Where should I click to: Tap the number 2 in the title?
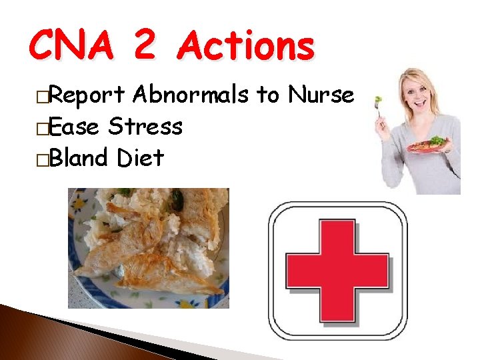[144, 47]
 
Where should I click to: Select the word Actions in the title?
[247, 47]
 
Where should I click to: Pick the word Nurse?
[321, 95]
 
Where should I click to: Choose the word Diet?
[140, 158]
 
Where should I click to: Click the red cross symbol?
[337, 270]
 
